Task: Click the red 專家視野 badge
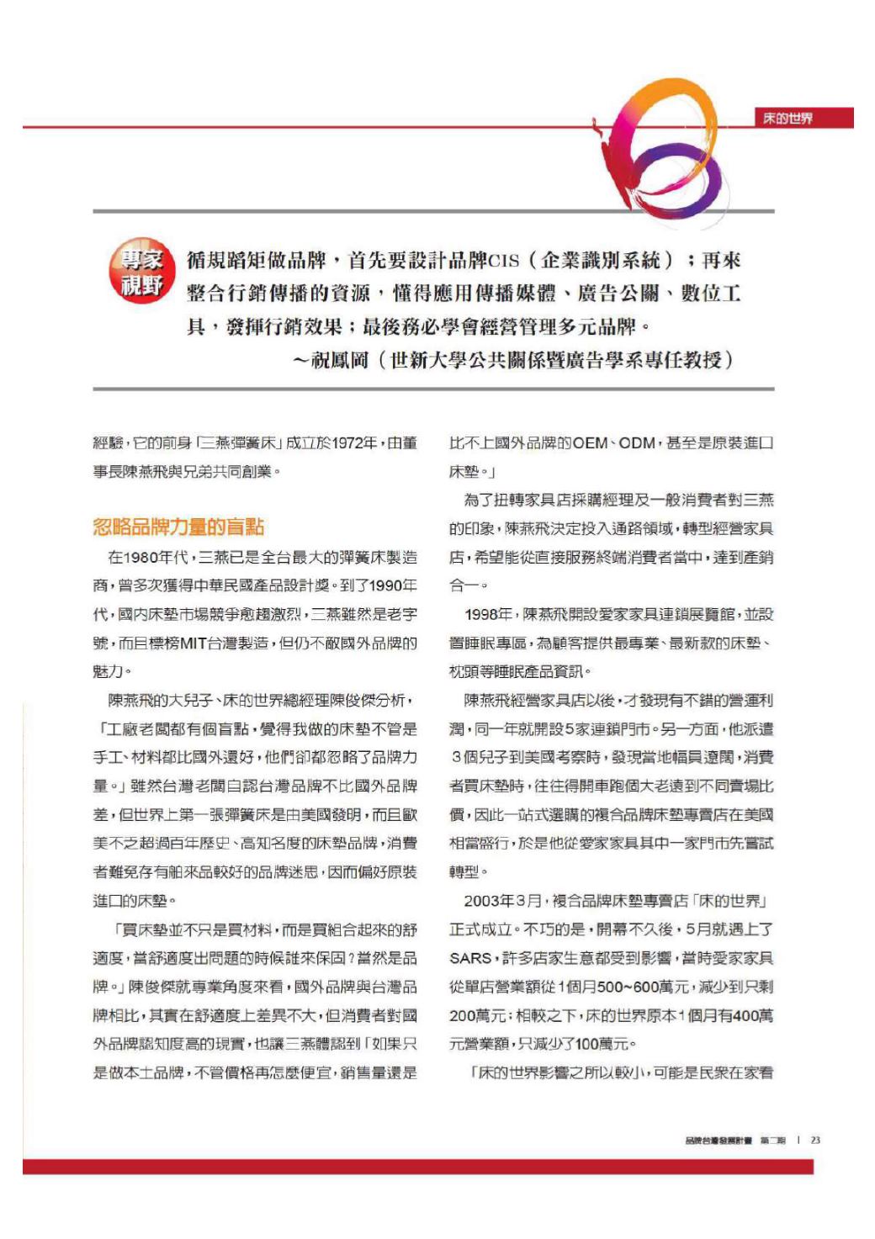(x=141, y=271)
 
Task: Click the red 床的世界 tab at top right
(x=788, y=119)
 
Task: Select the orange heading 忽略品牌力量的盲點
(x=178, y=527)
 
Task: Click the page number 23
(x=815, y=1141)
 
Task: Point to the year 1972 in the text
(x=352, y=443)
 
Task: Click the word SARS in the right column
(x=470, y=958)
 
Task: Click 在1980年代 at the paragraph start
(x=147, y=557)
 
